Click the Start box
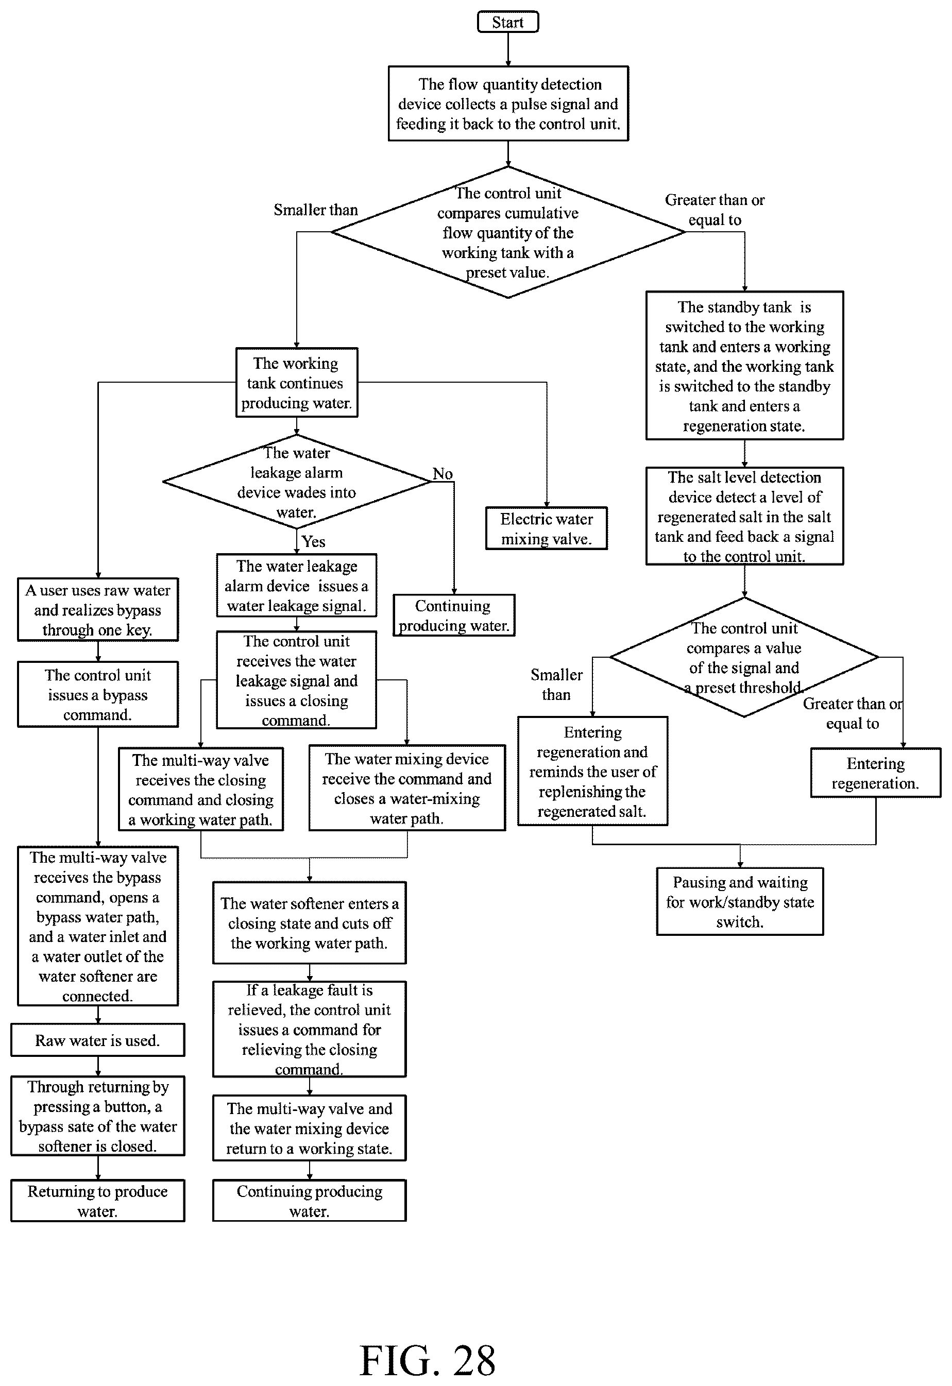coord(507,22)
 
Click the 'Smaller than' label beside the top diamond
coord(316,210)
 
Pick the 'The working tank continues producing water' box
coord(296,382)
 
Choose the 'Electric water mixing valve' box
coord(547,528)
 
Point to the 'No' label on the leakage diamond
coord(443,473)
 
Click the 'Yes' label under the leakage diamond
coord(313,541)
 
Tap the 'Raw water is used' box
coord(98,1040)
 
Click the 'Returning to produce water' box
coord(98,1201)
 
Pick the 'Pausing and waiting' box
coord(740,901)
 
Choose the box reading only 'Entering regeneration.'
coord(875,773)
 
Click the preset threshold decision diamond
coord(744,657)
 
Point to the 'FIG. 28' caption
coord(428,1360)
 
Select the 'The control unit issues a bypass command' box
coord(98,694)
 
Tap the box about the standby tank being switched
coord(744,366)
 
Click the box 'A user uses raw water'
coord(98,609)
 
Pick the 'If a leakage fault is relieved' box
coord(309,1029)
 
